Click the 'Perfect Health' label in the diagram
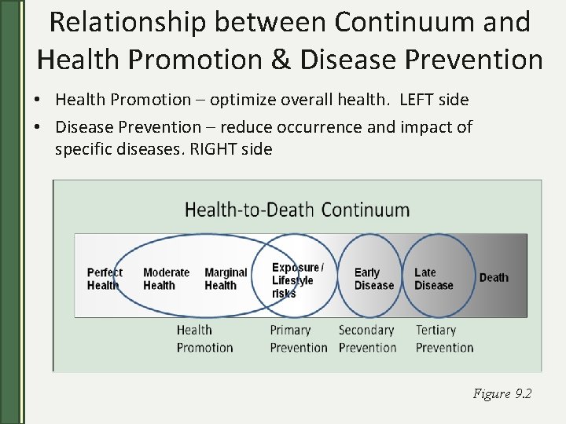coord(105,279)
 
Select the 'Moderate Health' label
coord(166,279)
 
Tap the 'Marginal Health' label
coord(226,279)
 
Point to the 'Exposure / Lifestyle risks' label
coord(296,280)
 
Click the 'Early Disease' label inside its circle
coord(373,279)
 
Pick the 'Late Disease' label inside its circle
coord(433,279)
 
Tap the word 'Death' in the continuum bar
coord(494,277)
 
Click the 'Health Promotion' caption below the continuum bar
coord(204,338)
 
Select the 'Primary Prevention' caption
coord(298,338)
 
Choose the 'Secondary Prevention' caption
coord(366,338)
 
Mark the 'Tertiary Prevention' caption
coord(444,338)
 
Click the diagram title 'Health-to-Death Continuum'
coord(297,210)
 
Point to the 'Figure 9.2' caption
coord(502,393)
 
